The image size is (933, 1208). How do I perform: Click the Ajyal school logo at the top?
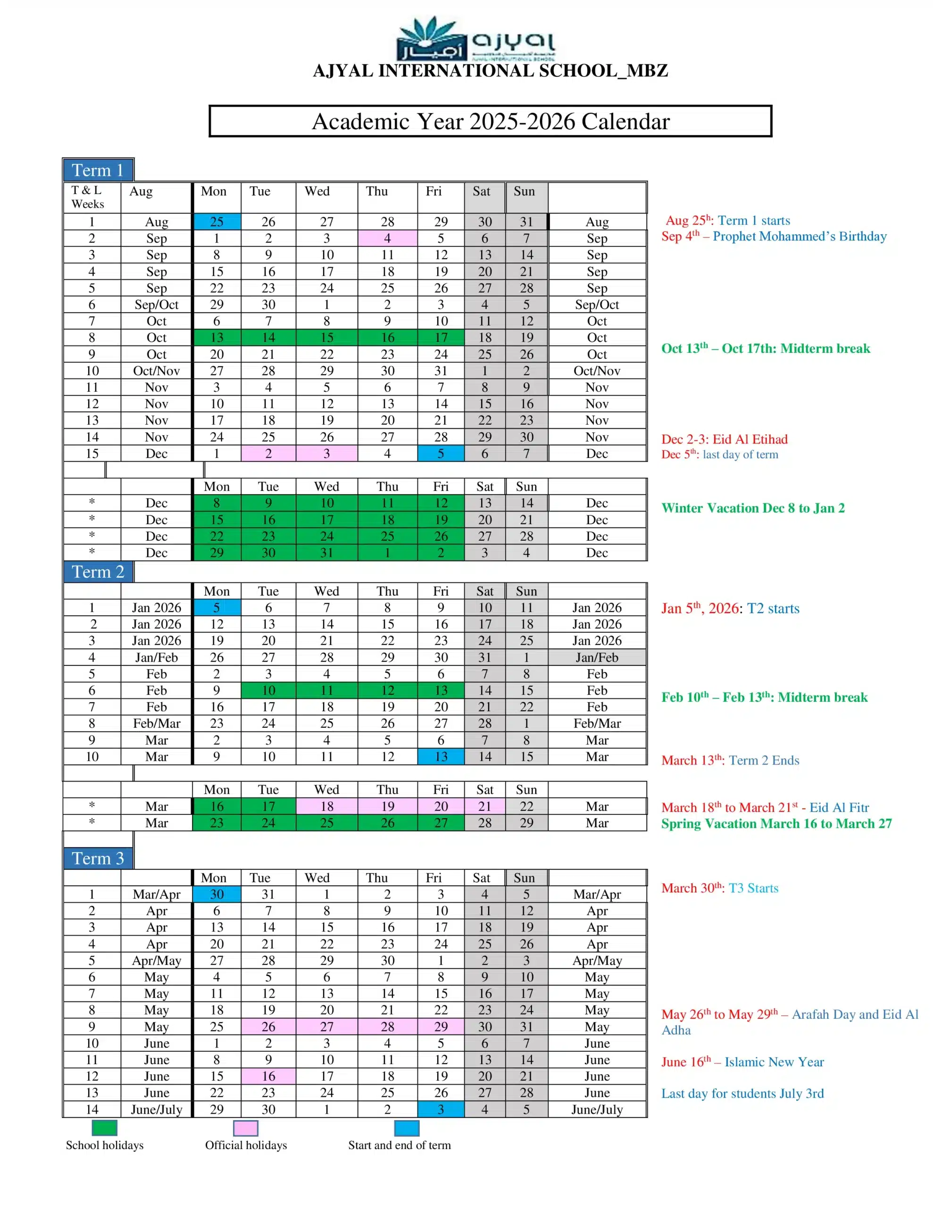click(475, 39)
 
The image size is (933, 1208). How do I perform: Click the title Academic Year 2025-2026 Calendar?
click(490, 121)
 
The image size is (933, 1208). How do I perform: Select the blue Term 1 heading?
click(98, 170)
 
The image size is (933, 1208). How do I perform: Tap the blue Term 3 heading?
click(98, 858)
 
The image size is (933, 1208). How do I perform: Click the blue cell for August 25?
click(217, 222)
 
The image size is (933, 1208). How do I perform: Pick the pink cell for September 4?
click(387, 238)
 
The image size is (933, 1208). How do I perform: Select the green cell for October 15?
click(327, 337)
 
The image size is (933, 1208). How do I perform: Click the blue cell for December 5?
click(441, 453)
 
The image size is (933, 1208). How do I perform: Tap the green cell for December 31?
click(327, 553)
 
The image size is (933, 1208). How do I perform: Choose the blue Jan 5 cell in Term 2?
click(217, 607)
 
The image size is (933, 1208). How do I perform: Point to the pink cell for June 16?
click(268, 1076)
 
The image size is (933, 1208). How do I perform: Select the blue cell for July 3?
click(441, 1109)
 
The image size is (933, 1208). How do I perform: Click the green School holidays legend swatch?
click(105, 1128)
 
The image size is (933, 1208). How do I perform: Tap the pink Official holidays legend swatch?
click(246, 1128)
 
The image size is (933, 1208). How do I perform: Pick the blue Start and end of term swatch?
click(407, 1128)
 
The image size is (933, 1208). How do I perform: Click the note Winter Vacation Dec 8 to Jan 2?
click(753, 508)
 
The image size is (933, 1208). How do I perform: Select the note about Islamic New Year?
click(742, 1061)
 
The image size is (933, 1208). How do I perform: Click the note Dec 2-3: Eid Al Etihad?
click(725, 439)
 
